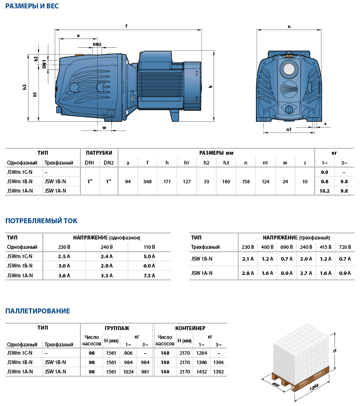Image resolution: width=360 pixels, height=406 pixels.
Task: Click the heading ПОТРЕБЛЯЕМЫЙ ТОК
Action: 41,221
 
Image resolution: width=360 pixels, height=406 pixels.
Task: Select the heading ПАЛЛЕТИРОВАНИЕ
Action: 37,311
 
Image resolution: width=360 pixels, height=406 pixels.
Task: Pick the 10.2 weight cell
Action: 324,191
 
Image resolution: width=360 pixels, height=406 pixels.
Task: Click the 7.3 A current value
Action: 148,275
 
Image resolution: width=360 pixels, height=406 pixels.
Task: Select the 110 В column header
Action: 148,247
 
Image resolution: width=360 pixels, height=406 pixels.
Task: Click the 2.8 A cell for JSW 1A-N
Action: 248,272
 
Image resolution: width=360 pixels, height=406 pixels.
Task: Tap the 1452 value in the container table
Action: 201,372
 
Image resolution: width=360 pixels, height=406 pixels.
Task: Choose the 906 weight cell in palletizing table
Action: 129,353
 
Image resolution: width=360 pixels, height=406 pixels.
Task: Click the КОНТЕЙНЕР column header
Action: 190,328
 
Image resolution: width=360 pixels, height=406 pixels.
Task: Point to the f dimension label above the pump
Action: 127,26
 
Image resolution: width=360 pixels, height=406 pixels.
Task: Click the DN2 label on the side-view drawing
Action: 97,45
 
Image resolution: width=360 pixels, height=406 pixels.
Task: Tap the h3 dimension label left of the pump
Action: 25,87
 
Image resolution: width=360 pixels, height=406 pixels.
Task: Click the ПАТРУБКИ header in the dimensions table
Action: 99,153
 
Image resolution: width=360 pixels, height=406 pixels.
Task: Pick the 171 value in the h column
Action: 167,182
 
